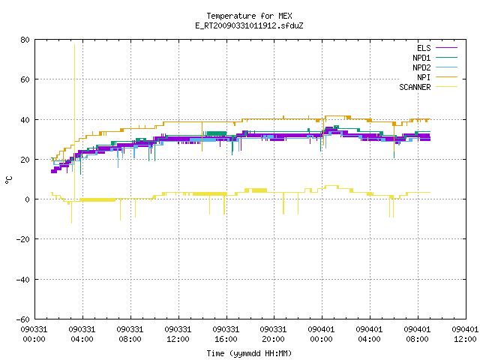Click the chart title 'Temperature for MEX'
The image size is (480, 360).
249,16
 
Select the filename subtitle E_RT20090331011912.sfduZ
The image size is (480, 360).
249,25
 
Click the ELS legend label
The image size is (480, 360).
424,48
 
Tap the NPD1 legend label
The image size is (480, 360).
421,58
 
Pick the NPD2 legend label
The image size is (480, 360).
421,67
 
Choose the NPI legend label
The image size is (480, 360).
424,77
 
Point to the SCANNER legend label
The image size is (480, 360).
415,87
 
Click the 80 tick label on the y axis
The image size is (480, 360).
25,40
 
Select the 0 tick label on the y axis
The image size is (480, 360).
27,199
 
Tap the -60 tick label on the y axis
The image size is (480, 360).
23,319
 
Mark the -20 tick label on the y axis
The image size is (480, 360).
23,239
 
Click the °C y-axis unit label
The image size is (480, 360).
8,180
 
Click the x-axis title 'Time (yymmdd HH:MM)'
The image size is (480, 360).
249,353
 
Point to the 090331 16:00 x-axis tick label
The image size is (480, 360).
226,334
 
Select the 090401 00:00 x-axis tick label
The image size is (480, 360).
321,334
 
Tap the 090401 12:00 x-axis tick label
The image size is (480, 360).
465,334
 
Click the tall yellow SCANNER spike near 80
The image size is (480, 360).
74,122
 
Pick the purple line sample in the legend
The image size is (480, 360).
447,48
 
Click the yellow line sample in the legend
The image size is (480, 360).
447,87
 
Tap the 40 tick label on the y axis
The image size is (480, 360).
25,120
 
